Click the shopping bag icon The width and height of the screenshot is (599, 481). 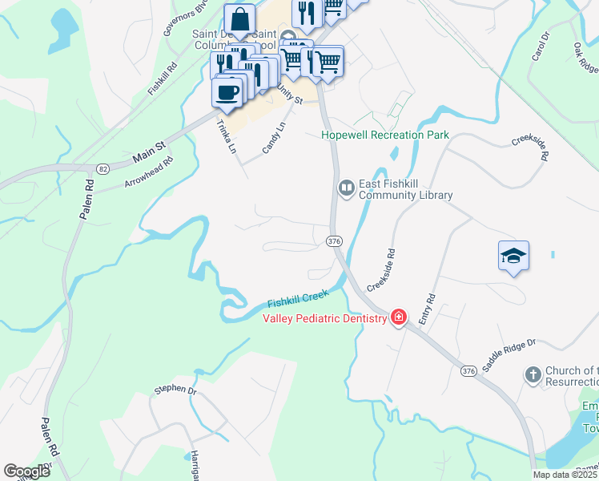[240, 18]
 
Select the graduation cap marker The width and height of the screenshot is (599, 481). [513, 256]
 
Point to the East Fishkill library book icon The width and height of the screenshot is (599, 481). [347, 188]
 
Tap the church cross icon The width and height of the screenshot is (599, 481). [533, 374]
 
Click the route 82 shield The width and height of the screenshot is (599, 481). [103, 168]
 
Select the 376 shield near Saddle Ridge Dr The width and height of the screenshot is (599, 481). [468, 370]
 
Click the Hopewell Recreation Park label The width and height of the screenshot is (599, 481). [385, 135]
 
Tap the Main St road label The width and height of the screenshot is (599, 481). [149, 150]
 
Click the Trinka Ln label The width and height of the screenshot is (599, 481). [227, 136]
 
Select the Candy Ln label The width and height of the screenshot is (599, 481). [274, 138]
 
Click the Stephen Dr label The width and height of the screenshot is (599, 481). [175, 390]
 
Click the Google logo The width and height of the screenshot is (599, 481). [26, 471]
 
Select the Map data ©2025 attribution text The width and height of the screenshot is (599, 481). [565, 475]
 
